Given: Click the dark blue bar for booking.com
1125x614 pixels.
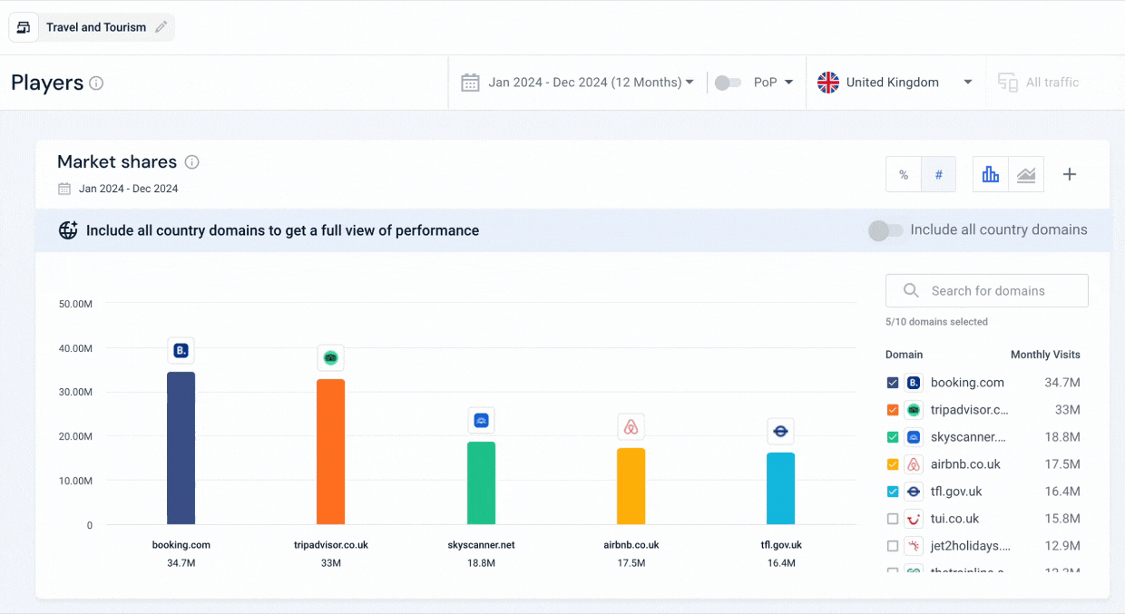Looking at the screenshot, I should click(181, 448).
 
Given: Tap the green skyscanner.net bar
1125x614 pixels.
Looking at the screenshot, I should click(481, 482).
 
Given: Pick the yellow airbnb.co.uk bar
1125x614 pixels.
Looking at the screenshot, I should click(631, 486).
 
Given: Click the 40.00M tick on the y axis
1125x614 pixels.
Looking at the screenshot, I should click(76, 348).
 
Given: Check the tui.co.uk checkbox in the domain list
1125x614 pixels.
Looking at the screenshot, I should click(893, 519).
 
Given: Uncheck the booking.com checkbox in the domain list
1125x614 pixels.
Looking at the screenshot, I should click(893, 383).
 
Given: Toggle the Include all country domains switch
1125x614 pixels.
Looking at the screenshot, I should click(885, 230).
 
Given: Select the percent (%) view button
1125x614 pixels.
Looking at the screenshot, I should click(904, 175).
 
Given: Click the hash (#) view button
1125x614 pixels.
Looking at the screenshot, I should click(939, 175).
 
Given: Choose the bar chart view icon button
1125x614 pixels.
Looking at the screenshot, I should click(991, 175).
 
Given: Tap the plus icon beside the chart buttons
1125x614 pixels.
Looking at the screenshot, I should click(1070, 175).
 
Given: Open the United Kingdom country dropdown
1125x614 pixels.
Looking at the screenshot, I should click(895, 83).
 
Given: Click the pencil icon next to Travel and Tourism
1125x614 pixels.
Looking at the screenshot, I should click(161, 27).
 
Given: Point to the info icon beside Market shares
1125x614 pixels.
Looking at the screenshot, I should click(191, 162).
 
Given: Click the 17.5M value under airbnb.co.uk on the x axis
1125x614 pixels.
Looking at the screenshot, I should click(631, 563).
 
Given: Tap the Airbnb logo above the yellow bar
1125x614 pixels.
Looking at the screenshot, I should click(631, 427).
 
